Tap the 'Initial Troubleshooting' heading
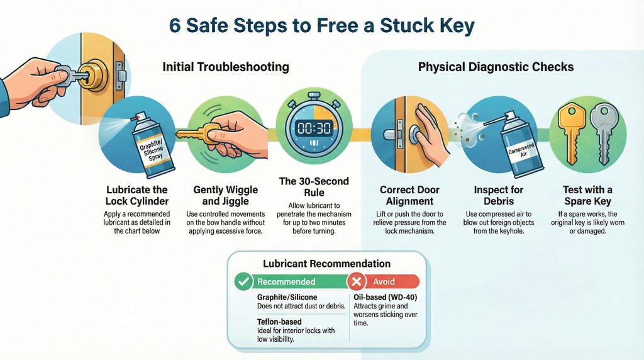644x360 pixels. [x=226, y=66]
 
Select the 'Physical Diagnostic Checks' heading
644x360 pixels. [x=496, y=66]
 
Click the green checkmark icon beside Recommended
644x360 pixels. [x=243, y=281]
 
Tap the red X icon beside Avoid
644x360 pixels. [x=357, y=281]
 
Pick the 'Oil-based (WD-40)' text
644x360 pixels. [x=385, y=296]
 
